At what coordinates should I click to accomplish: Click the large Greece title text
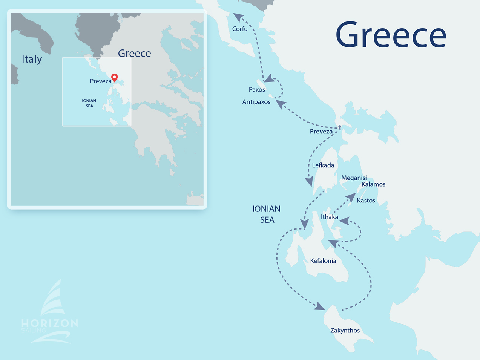[391, 35]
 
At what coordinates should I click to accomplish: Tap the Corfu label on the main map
[240, 29]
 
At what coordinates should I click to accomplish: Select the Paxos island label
[257, 90]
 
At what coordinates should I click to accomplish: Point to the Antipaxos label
[256, 102]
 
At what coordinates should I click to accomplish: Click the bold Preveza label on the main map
[321, 132]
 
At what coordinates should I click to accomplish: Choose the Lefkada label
[323, 165]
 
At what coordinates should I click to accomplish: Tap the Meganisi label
[354, 178]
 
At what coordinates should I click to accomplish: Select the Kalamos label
[373, 184]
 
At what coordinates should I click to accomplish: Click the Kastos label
[366, 201]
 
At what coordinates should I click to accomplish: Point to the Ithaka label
[329, 217]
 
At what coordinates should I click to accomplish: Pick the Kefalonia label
[323, 261]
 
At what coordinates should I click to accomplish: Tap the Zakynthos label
[345, 331]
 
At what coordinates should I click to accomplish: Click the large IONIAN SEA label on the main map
[267, 214]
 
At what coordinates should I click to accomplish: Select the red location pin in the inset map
[115, 77]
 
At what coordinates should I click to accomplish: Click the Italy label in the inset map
[32, 59]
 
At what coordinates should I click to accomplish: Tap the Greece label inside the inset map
[134, 54]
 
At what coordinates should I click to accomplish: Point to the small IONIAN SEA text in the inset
[89, 103]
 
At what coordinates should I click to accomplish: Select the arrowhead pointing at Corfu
[238, 17]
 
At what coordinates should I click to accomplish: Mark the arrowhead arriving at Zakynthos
[319, 306]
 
